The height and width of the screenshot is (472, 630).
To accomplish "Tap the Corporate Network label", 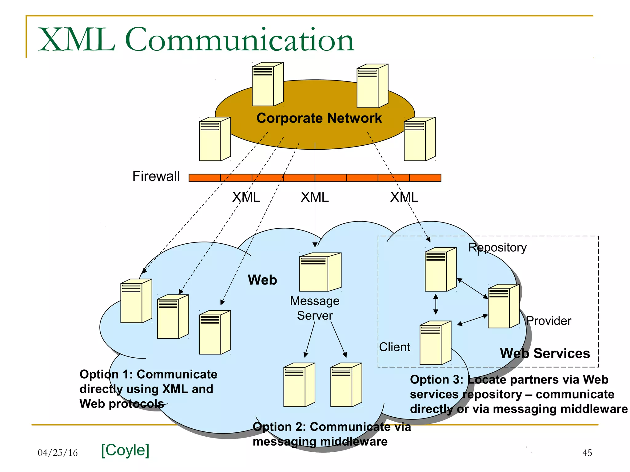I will (x=319, y=118).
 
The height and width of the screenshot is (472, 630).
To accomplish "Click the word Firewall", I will (x=156, y=176).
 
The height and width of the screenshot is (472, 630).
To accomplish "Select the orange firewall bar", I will (x=315, y=178).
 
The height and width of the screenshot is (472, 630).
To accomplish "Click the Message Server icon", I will (x=320, y=272).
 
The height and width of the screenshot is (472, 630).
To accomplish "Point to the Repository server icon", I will (x=440, y=269).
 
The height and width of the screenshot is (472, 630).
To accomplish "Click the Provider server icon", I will (x=503, y=306).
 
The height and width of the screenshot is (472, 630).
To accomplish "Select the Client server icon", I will (x=435, y=343).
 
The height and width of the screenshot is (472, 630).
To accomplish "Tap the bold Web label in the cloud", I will (x=262, y=280).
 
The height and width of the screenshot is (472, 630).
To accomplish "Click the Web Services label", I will (x=545, y=353).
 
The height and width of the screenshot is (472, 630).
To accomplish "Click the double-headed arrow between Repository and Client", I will (x=436, y=304).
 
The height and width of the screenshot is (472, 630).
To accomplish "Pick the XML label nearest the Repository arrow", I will (x=404, y=197).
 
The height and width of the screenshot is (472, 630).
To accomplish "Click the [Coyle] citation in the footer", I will (x=125, y=450).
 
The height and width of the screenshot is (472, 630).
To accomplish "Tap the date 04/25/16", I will (x=58, y=453).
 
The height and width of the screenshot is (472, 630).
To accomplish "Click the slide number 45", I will (x=587, y=453).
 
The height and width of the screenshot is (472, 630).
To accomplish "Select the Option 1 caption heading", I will (x=148, y=374).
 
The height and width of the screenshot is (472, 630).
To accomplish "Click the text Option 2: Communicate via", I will (x=332, y=427).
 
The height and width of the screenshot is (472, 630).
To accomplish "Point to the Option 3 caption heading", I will (x=509, y=380).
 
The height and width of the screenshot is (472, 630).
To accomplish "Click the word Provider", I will (x=548, y=321).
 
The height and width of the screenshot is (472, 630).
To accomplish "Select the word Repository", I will (x=497, y=247).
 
